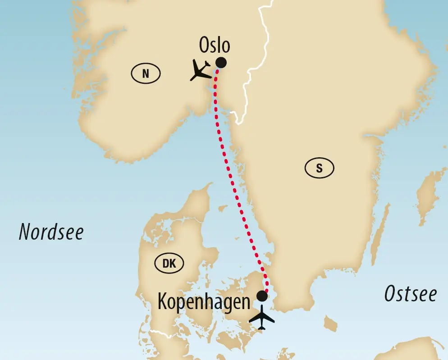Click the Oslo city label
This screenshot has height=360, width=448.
point(214,46)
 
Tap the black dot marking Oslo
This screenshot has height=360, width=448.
point(221,63)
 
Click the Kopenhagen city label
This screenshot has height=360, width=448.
point(204,301)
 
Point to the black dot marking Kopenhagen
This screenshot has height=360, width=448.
point(261,296)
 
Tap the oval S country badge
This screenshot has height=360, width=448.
point(320,169)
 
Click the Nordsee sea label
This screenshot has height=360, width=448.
point(51,232)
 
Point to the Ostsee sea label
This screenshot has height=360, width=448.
point(410,294)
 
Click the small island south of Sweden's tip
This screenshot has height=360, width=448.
point(331,324)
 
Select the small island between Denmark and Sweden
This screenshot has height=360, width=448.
point(222,209)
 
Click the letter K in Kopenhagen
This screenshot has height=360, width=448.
point(163,301)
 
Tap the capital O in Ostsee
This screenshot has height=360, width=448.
point(390,294)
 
